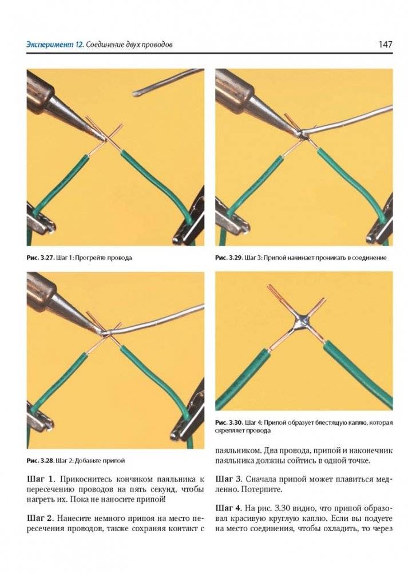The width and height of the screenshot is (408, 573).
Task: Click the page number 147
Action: pos(385,45)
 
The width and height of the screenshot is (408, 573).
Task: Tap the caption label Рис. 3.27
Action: pos(41,258)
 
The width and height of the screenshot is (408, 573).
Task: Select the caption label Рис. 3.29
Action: pos(229,258)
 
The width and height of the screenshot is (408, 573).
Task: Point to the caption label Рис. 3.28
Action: pos(41,460)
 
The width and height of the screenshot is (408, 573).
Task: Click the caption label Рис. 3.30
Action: pos(229,423)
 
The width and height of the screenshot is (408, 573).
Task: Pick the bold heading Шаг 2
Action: pos(40,519)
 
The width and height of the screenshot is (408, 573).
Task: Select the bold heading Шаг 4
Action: pos(229,508)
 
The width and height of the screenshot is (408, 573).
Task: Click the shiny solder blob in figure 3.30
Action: pos(303,323)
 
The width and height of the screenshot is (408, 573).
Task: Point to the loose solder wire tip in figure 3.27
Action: pos(135,94)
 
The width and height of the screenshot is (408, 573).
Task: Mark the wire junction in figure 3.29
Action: pos(303,135)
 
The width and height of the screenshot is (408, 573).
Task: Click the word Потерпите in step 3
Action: pos(260,489)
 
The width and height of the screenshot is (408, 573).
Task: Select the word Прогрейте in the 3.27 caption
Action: pos(96,258)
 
